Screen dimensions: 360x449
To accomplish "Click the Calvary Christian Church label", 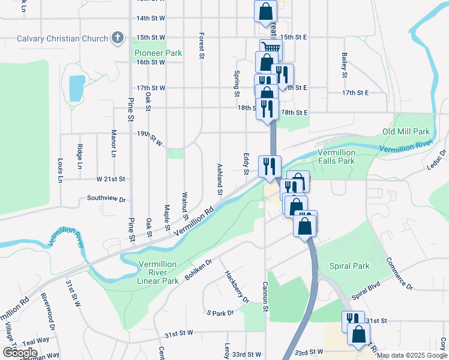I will (x=62, y=39).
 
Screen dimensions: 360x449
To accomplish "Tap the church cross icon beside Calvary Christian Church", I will (x=118, y=39).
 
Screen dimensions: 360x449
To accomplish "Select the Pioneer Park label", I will (x=158, y=53).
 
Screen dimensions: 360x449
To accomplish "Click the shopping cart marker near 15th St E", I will (x=271, y=49).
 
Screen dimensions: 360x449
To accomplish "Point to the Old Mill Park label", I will (x=406, y=131).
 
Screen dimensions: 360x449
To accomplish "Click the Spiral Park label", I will (x=349, y=265).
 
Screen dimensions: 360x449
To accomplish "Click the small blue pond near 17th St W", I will (x=77, y=88).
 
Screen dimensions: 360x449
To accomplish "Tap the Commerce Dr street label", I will (x=399, y=274).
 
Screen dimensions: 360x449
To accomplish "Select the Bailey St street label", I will (x=345, y=65).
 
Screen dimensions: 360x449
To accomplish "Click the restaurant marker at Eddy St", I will (x=270, y=166).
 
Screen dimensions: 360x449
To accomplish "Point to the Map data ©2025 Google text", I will (x=412, y=355).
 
